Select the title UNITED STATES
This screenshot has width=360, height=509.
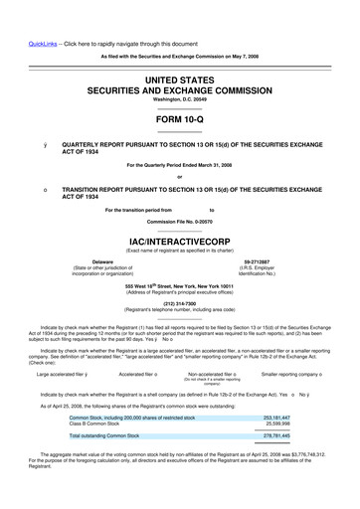pyautogui.click(x=179, y=79)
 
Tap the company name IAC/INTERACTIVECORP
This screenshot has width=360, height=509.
pyautogui.click(x=179, y=241)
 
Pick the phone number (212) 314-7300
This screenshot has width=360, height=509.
pyautogui.click(x=179, y=304)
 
